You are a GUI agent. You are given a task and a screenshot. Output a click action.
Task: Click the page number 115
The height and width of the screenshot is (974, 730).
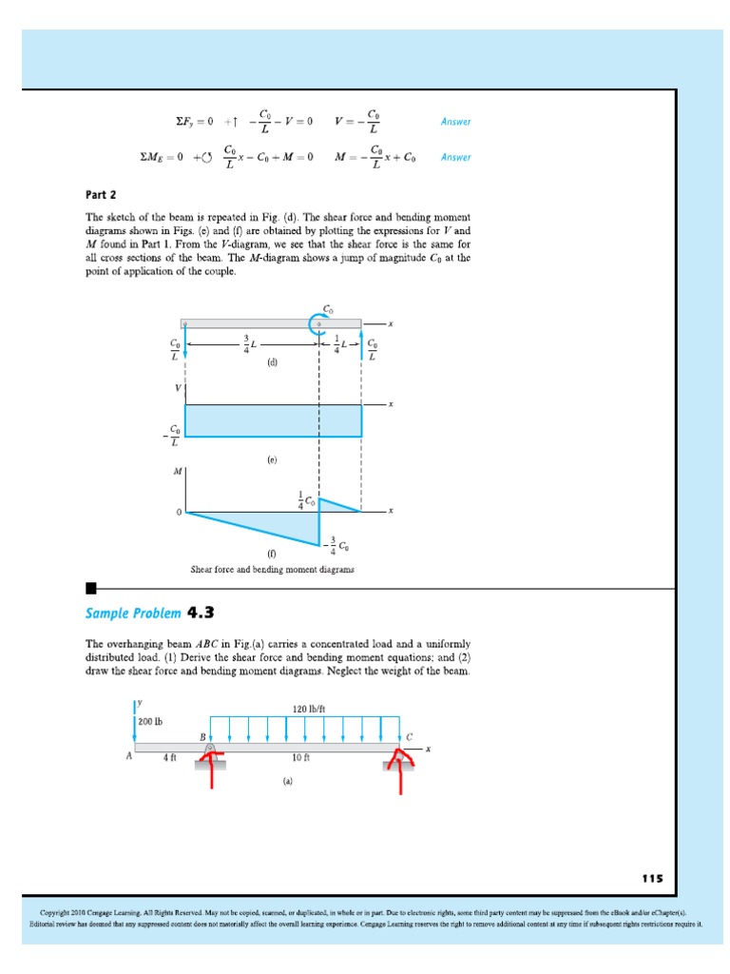point(652,878)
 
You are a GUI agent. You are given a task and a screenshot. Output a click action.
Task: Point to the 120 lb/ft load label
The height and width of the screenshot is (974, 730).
point(309,709)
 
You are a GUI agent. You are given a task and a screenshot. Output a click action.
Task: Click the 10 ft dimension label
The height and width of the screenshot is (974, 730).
point(301,758)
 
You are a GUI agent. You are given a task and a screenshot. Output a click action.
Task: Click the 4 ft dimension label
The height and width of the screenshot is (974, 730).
point(169,758)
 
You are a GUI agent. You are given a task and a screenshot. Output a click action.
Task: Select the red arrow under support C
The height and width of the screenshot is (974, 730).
point(399,772)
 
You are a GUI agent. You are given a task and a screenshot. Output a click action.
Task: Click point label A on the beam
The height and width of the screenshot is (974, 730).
point(128,758)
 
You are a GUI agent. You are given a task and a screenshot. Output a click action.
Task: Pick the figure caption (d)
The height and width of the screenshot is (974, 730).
point(272,362)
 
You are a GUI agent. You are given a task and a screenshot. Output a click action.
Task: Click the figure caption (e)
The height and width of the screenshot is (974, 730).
point(272,458)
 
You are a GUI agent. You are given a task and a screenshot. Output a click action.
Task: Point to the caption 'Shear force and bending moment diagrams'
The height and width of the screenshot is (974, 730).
point(272,570)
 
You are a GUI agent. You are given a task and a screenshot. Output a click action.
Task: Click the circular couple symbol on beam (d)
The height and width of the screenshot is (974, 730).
point(319,324)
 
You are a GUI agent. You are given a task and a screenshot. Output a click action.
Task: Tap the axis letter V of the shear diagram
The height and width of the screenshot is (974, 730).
point(177,388)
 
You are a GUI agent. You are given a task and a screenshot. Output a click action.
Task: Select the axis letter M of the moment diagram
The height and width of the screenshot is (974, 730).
point(176,470)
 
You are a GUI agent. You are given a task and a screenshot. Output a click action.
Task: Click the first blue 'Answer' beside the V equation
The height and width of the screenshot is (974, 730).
point(455,122)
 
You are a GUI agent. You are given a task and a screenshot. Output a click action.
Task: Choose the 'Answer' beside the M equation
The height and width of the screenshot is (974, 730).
point(455,157)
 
